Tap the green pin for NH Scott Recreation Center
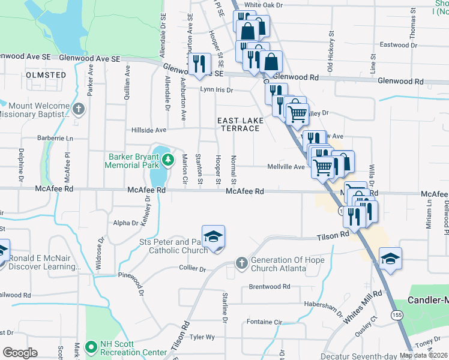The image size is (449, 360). [91, 347]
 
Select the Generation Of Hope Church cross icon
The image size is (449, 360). [241, 262]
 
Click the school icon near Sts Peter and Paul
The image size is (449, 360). [213, 237]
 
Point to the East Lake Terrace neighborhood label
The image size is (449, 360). [241, 125]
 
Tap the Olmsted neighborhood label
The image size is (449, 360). [46, 74]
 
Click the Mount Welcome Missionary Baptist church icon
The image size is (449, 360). [79, 109]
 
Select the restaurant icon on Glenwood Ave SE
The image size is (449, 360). [199, 64]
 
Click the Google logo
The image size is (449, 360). [20, 353]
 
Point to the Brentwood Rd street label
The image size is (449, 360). [270, 287]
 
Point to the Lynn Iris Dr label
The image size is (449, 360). [216, 90]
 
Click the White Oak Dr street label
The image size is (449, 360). [280, 5]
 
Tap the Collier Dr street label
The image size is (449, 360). [192, 269]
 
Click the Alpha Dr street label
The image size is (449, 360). [125, 223]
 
